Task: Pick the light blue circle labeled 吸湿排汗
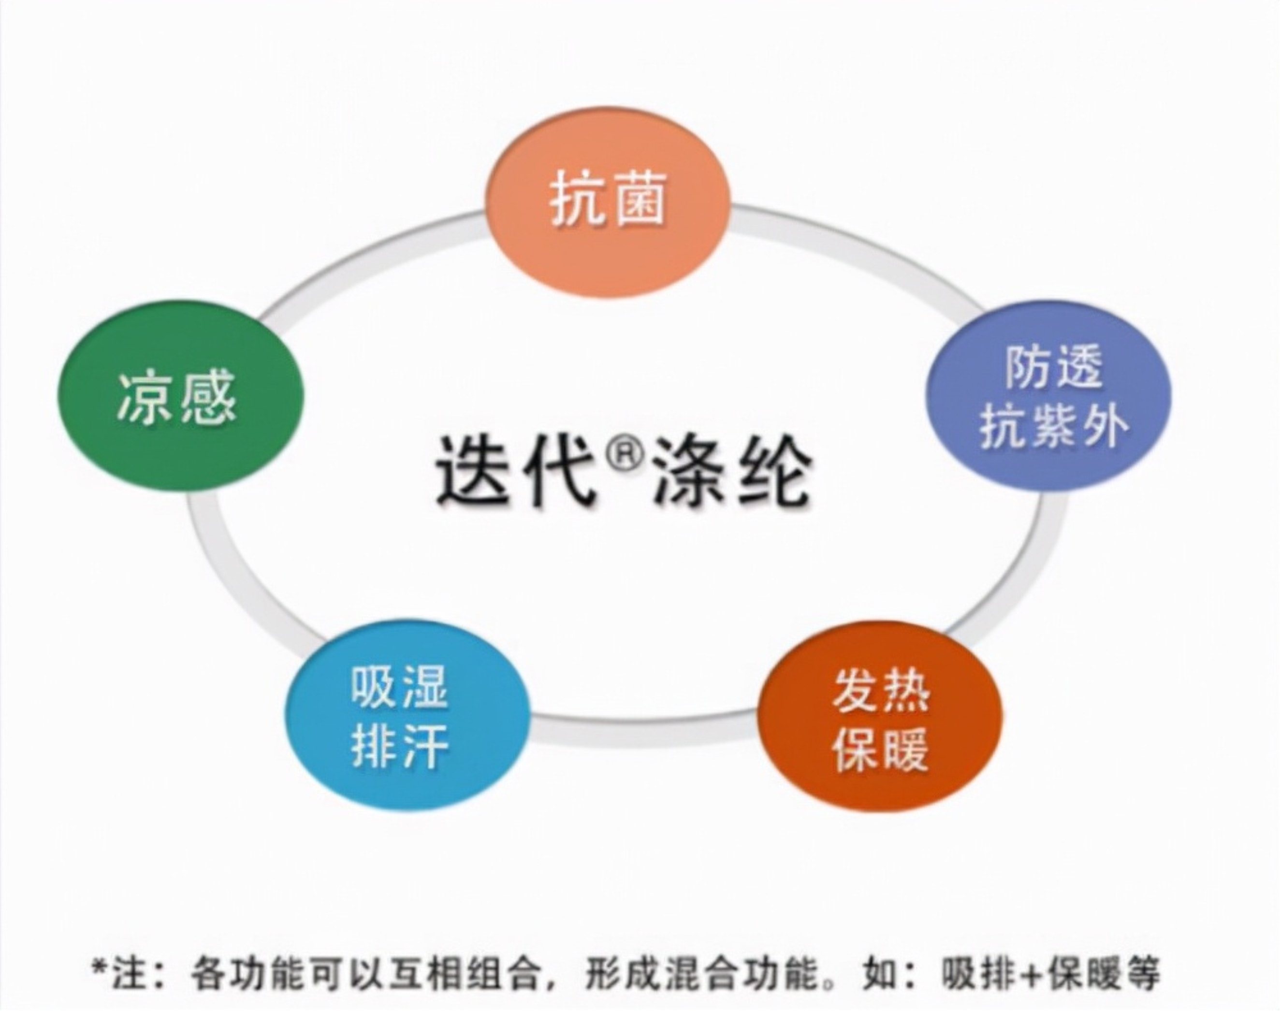click(x=407, y=716)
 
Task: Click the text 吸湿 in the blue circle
click(x=400, y=687)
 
